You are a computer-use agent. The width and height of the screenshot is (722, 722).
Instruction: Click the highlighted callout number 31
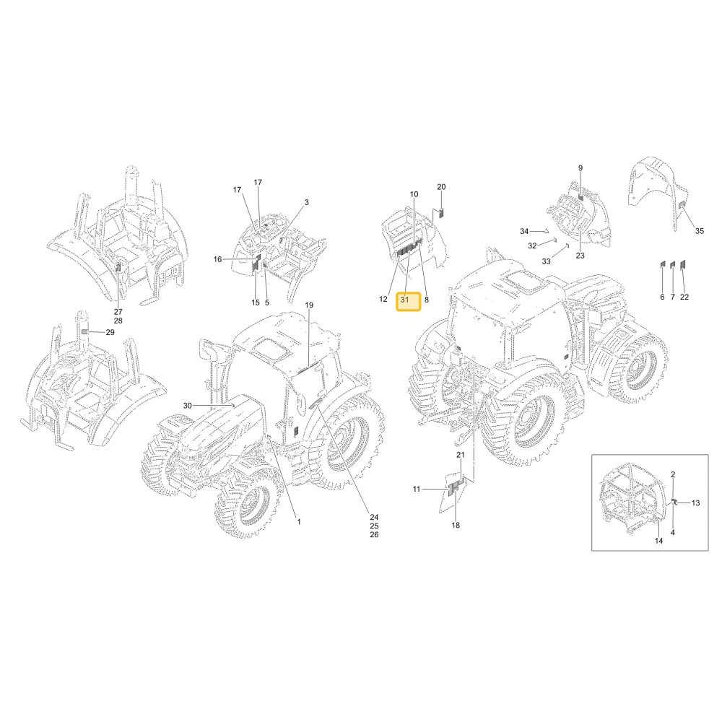coord(405,300)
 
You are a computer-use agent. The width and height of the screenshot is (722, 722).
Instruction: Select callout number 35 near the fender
coord(700,231)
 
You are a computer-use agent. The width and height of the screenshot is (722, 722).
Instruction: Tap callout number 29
coord(110,332)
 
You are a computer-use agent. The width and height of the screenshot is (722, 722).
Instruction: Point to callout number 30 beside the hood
coord(188,406)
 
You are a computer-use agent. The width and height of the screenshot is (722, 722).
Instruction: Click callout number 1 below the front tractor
coord(299,522)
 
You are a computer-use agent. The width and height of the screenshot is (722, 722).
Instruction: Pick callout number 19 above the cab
coord(309,305)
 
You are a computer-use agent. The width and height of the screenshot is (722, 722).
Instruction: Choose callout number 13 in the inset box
coord(696,503)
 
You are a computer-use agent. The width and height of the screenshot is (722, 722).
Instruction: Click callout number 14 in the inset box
coord(659,541)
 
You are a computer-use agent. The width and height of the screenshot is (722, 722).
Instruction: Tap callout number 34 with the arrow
coord(524,232)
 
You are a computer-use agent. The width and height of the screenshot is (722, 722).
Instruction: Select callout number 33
coord(546,261)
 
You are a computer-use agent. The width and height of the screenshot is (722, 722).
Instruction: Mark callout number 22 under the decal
coord(684,297)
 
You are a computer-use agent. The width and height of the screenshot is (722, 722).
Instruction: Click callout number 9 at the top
coord(580,168)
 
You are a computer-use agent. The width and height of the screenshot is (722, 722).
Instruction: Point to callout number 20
coord(441,187)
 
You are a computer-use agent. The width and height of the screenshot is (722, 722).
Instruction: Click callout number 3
coord(307,203)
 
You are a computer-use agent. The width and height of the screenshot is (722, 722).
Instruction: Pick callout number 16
coord(218,260)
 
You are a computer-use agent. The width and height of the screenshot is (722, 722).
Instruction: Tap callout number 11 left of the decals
coord(417,490)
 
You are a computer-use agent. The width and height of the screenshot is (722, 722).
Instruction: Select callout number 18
coord(456,526)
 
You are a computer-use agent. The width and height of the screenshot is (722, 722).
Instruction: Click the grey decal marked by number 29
coord(84,331)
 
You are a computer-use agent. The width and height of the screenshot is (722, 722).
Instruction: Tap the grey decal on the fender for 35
coord(683,204)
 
